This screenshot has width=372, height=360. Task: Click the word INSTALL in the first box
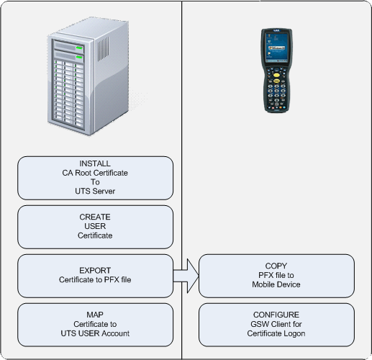coord(95,163)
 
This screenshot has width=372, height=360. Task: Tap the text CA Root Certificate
coord(95,173)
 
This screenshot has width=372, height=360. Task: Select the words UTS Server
coord(95,191)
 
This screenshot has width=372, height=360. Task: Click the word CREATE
coord(95,217)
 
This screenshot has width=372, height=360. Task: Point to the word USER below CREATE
coord(95,226)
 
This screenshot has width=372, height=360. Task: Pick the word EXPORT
coord(95,271)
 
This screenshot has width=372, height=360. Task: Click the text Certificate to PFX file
coord(95,279)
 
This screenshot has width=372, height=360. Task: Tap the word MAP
coord(95,315)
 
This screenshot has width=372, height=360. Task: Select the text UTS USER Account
coord(95,333)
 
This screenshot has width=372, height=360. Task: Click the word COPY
coord(276,266)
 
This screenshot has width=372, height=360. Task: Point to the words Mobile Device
coord(276,284)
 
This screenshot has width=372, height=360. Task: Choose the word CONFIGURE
coord(276,315)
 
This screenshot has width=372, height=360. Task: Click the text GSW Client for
coord(276,324)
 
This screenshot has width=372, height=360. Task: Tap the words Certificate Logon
coord(276,333)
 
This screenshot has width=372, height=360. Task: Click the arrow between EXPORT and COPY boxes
coord(186,276)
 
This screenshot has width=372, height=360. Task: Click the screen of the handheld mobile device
coord(276,48)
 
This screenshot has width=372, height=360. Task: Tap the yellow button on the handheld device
coord(276,75)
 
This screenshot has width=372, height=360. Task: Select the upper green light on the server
coord(79,48)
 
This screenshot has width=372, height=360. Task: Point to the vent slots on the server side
coord(103,49)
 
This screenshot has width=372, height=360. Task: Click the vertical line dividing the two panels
coord(181,180)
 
